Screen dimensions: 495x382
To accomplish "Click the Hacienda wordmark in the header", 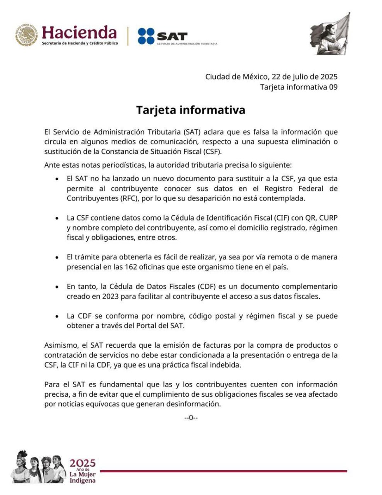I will click(79, 33).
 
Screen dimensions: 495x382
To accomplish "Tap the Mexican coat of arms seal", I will click(26, 35).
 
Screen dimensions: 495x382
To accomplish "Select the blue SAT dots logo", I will click(146, 36).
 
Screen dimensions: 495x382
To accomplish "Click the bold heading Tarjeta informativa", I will click(191, 111).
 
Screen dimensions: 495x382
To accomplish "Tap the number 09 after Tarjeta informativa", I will click(333, 87).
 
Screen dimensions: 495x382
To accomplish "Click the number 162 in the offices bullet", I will click(123, 266).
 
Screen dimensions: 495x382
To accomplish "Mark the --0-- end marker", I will click(191, 417).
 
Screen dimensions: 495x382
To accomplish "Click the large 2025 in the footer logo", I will click(82, 462).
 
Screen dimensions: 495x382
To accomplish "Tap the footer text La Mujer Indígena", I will click(82, 476).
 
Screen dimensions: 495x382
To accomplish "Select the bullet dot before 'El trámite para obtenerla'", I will click(57, 257).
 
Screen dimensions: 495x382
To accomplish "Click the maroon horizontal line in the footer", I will click(223, 471).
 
